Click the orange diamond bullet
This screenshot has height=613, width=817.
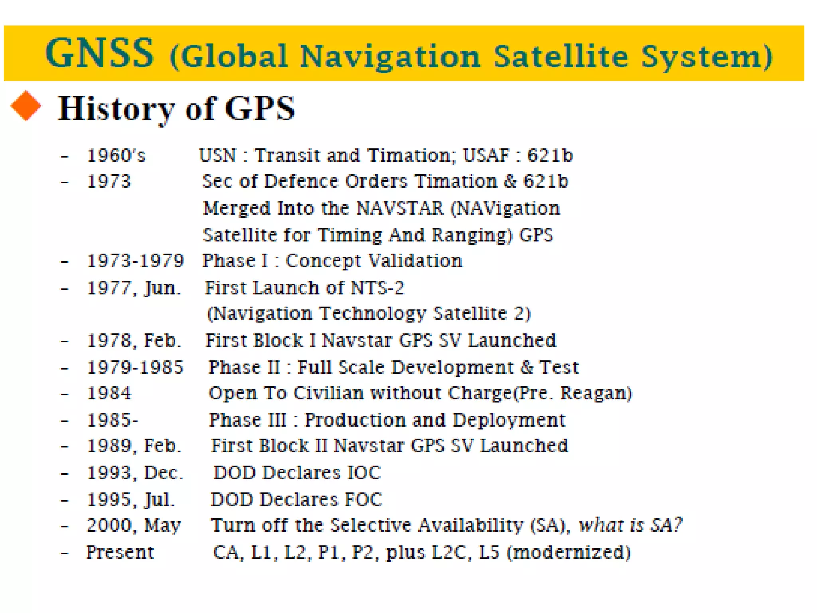pyautogui.click(x=26, y=106)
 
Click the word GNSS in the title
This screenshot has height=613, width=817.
pyautogui.click(x=100, y=53)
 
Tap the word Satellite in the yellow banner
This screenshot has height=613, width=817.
pyautogui.click(x=560, y=56)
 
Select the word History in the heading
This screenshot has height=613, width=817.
pyautogui.click(x=116, y=109)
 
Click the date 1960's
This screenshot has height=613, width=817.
pyautogui.click(x=116, y=156)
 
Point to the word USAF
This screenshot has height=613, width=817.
pyautogui.click(x=486, y=156)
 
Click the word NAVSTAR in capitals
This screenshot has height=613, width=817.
pyautogui.click(x=399, y=208)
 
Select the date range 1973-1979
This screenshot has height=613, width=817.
pyautogui.click(x=135, y=261)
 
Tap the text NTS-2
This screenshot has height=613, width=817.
pyautogui.click(x=377, y=288)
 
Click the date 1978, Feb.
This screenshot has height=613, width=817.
pyautogui.click(x=134, y=340)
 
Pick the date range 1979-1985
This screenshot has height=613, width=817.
pyautogui.click(x=135, y=367)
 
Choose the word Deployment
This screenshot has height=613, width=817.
pyautogui.click(x=509, y=420)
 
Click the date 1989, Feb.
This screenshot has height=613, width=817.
pyautogui.click(x=134, y=446)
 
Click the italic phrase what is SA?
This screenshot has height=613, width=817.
pyautogui.click(x=631, y=525)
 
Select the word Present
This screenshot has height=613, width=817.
pyautogui.click(x=120, y=552)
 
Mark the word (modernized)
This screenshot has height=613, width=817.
pyautogui.click(x=569, y=552)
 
